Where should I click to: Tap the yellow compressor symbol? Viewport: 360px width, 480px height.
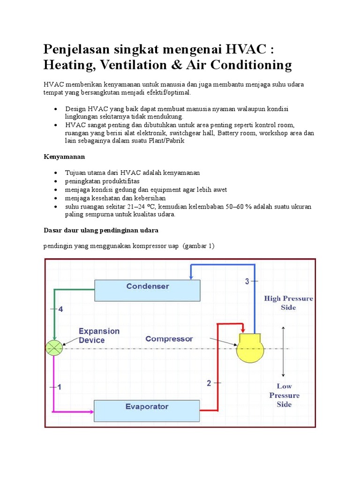click(x=250, y=349)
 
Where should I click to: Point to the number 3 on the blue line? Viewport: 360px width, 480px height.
click(x=247, y=281)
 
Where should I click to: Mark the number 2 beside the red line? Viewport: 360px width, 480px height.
click(x=209, y=383)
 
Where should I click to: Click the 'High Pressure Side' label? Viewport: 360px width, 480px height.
click(x=288, y=303)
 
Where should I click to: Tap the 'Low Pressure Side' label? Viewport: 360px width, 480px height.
click(x=284, y=395)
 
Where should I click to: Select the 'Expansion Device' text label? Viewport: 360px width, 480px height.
click(x=99, y=336)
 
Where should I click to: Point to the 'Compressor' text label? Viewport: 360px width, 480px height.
click(x=169, y=338)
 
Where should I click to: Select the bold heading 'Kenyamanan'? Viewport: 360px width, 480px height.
click(x=64, y=156)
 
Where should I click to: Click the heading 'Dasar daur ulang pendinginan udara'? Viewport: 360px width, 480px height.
click(x=101, y=230)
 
